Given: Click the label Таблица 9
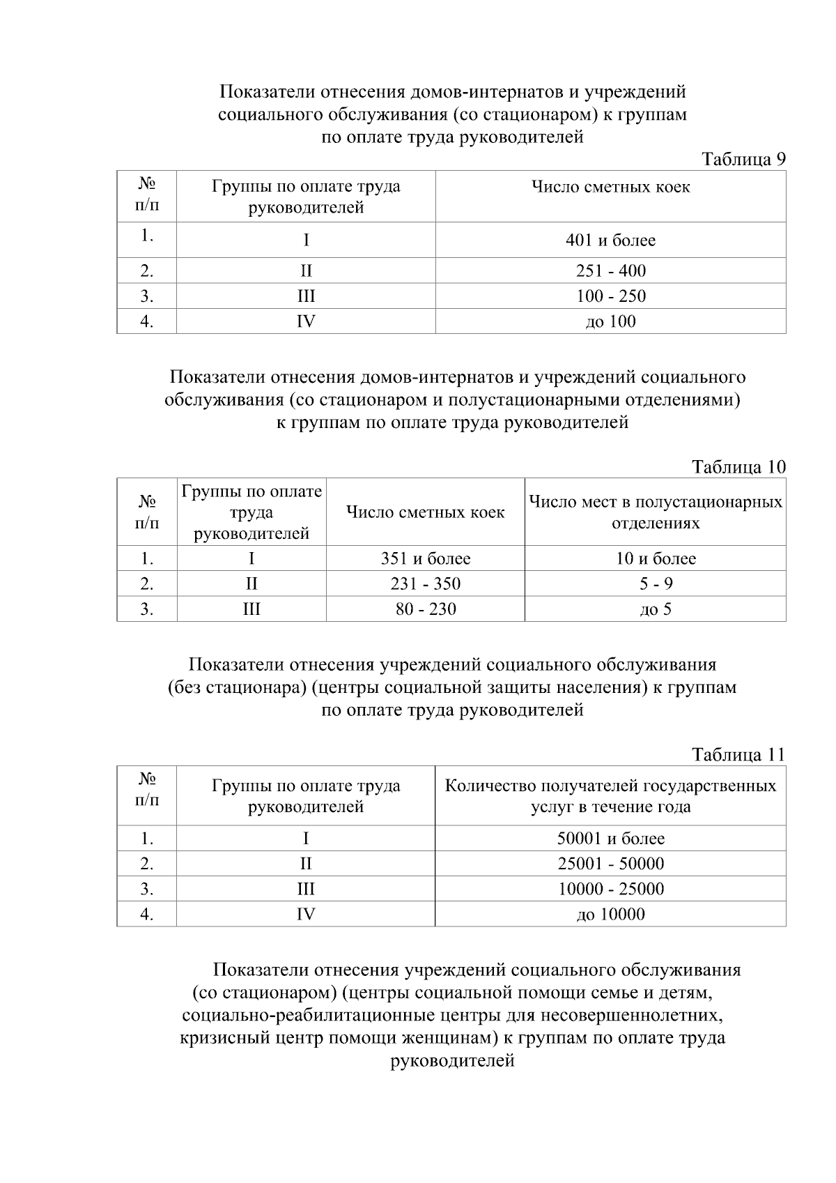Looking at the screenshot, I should click(x=743, y=160).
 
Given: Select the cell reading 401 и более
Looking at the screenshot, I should click(x=610, y=241).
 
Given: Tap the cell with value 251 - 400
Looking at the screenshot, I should click(x=610, y=270).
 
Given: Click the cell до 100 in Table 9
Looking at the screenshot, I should click(x=610, y=321).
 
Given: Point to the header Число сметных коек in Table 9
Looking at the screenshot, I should click(x=610, y=187).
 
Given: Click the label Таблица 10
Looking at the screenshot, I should click(x=738, y=466).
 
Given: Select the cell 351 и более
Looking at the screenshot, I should click(x=425, y=558).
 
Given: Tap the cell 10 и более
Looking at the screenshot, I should click(x=655, y=558).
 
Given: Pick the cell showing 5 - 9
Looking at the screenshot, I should click(x=655, y=583).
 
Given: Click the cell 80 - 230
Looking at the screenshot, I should click(x=425, y=609).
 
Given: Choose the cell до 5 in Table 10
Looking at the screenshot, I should click(x=655, y=609).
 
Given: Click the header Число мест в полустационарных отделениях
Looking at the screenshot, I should click(x=655, y=512).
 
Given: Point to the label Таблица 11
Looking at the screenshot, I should click(x=738, y=754).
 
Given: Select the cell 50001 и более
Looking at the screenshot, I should click(x=610, y=838).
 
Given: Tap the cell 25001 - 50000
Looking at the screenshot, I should click(x=610, y=863).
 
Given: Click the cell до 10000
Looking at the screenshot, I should click(x=610, y=914).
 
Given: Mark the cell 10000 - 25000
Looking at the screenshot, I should click(x=610, y=889).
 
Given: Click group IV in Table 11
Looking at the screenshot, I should click(x=305, y=914).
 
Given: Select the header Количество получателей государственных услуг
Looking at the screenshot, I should click(x=610, y=795).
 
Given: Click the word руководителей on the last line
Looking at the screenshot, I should click(x=452, y=1061).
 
